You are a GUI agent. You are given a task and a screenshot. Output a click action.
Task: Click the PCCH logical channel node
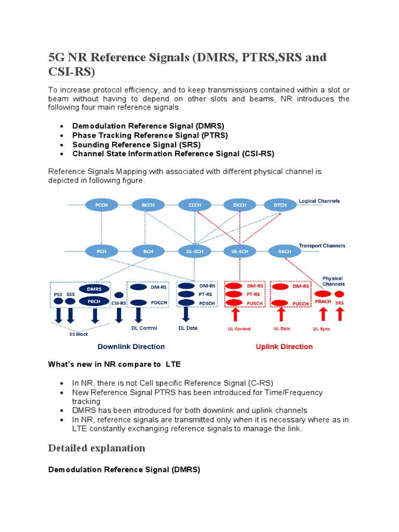[x=102, y=205]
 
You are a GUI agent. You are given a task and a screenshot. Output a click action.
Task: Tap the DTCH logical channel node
[x=280, y=205]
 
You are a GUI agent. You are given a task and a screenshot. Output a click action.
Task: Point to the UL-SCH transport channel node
[x=240, y=251]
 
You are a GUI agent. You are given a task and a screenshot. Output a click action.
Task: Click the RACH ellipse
[x=285, y=251]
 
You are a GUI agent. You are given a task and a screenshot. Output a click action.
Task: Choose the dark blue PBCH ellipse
[x=94, y=301]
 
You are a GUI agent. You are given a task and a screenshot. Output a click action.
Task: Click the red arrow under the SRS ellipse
[x=340, y=314]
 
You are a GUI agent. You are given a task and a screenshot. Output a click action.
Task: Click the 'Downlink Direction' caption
[x=131, y=347]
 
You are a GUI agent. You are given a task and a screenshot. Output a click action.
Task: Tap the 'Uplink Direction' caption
[x=284, y=347]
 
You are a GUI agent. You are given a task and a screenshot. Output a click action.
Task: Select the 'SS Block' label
[x=79, y=334]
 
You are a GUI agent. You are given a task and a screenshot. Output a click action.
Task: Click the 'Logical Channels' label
[x=319, y=201]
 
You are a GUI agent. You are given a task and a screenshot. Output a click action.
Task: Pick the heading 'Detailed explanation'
[x=97, y=448]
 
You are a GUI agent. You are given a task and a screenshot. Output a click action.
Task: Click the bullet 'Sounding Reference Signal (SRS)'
[x=136, y=144]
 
